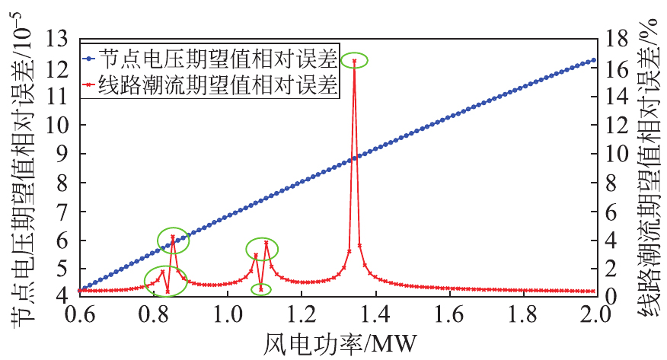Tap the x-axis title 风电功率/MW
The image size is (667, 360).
pyautogui.click(x=340, y=343)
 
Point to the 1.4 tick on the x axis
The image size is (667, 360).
pyautogui.click(x=376, y=315)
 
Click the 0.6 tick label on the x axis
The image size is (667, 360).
pyautogui.click(x=79, y=315)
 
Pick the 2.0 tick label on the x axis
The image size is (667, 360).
pyautogui.click(x=595, y=315)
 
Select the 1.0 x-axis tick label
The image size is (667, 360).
pyautogui.click(x=228, y=315)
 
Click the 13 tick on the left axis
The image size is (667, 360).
pyautogui.click(x=57, y=39)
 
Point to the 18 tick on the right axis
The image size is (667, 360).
pyautogui.click(x=617, y=39)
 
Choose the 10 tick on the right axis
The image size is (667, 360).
pyautogui.click(x=617, y=154)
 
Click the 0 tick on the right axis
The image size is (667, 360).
pyautogui.click(x=611, y=296)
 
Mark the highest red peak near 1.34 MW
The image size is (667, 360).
pyautogui.click(x=354, y=61)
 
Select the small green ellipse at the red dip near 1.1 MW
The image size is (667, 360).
pyautogui.click(x=260, y=283)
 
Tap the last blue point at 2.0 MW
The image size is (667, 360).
pyautogui.click(x=594, y=61)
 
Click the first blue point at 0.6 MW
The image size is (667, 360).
pyautogui.click(x=80, y=290)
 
